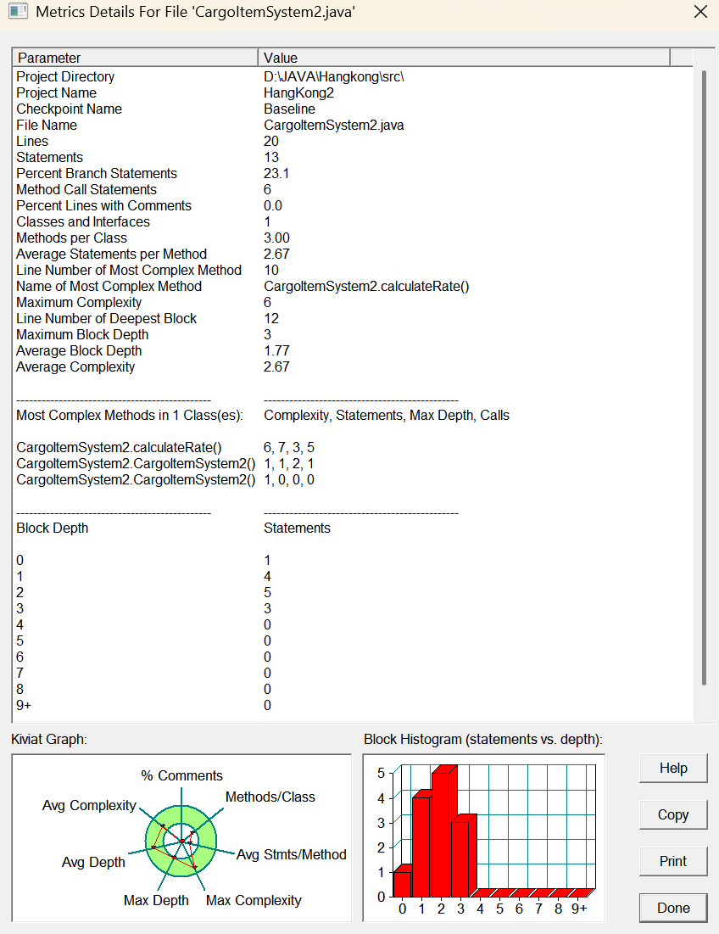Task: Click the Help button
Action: click(x=673, y=768)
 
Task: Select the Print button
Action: click(x=673, y=861)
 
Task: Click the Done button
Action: click(x=673, y=908)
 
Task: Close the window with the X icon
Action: click(x=700, y=12)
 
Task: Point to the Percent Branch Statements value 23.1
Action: click(x=278, y=173)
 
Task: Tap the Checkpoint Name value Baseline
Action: click(x=289, y=109)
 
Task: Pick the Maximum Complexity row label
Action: click(x=79, y=302)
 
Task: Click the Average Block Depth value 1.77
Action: click(x=277, y=350)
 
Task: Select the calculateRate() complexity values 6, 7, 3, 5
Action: click(x=289, y=447)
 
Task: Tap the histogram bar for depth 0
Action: click(x=402, y=883)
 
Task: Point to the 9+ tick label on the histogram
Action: click(x=579, y=909)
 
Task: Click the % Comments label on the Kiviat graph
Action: click(x=181, y=775)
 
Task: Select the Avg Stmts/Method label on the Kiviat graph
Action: click(x=292, y=854)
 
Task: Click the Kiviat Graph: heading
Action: click(x=49, y=739)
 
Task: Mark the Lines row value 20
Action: click(x=271, y=141)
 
